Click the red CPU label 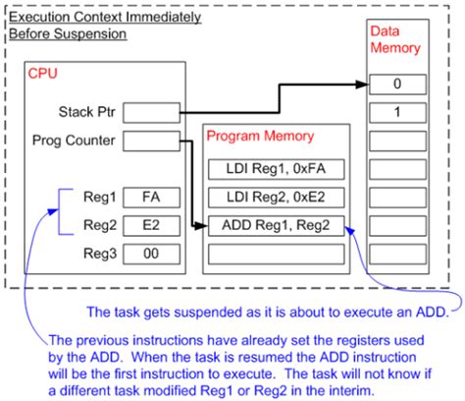[x=43, y=74]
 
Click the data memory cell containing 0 [x=397, y=86]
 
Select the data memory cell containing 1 [x=397, y=113]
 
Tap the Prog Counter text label [x=74, y=142]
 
